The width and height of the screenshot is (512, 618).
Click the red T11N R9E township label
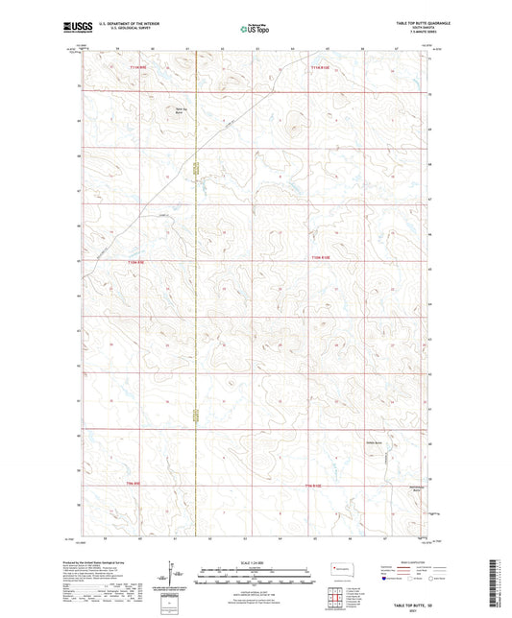pos(141,66)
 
